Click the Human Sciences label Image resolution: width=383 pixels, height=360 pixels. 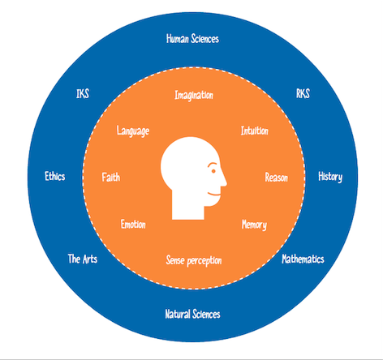[192, 39]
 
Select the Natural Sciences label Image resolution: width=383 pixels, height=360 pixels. [192, 314]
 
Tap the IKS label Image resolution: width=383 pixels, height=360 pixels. [83, 94]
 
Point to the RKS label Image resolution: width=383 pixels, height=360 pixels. [303, 94]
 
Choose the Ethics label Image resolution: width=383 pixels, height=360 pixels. [55, 176]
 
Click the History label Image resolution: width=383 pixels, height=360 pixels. [330, 177]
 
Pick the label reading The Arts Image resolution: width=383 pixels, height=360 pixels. [83, 259]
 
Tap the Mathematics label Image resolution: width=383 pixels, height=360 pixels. [303, 259]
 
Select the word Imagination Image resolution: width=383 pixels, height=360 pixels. [194, 96]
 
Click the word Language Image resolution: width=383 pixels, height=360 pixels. [133, 131]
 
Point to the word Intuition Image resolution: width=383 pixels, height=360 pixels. [255, 131]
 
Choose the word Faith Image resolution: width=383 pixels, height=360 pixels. [111, 178]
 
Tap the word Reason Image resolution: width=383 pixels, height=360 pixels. [277, 178]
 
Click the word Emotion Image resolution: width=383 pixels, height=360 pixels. [133, 225]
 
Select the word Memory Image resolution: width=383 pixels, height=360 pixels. [254, 225]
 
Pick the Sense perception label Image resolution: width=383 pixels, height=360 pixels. [194, 260]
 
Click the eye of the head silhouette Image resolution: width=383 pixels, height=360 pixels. [213, 171]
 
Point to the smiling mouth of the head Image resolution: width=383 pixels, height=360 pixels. [214, 194]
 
